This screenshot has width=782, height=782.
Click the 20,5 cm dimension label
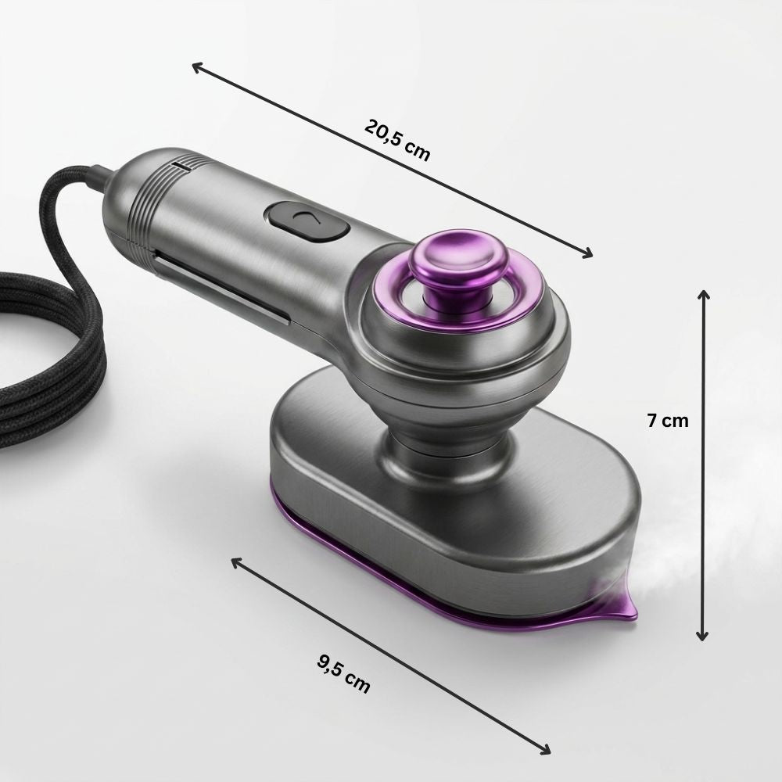point(397,140)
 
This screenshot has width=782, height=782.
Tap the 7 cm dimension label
point(667,421)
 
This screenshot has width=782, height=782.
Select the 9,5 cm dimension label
point(343,674)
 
